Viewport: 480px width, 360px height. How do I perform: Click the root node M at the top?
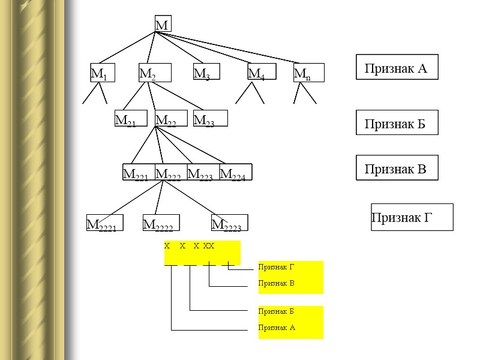tap(163, 24)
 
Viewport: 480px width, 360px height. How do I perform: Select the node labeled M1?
tap(103, 73)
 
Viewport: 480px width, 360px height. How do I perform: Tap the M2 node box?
tap(155, 73)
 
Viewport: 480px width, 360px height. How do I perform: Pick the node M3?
tap(206, 72)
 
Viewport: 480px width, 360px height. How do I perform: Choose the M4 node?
tap(262, 73)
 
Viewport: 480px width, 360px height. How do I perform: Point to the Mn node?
tap(309, 73)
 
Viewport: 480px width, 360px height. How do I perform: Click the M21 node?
tap(130, 119)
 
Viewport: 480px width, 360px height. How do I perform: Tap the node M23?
tap(210, 119)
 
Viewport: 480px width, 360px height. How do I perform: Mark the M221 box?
tap(139, 172)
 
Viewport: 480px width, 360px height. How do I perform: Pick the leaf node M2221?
tap(105, 223)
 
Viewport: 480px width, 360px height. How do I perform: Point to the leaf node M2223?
tap(229, 223)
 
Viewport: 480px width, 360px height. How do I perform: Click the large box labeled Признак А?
tap(397, 67)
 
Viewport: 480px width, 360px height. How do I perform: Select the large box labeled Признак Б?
tap(396, 122)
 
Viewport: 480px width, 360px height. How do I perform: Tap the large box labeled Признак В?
tap(397, 168)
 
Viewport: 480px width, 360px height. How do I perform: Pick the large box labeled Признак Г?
tap(412, 217)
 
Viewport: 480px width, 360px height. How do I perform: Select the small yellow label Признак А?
tap(277, 328)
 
